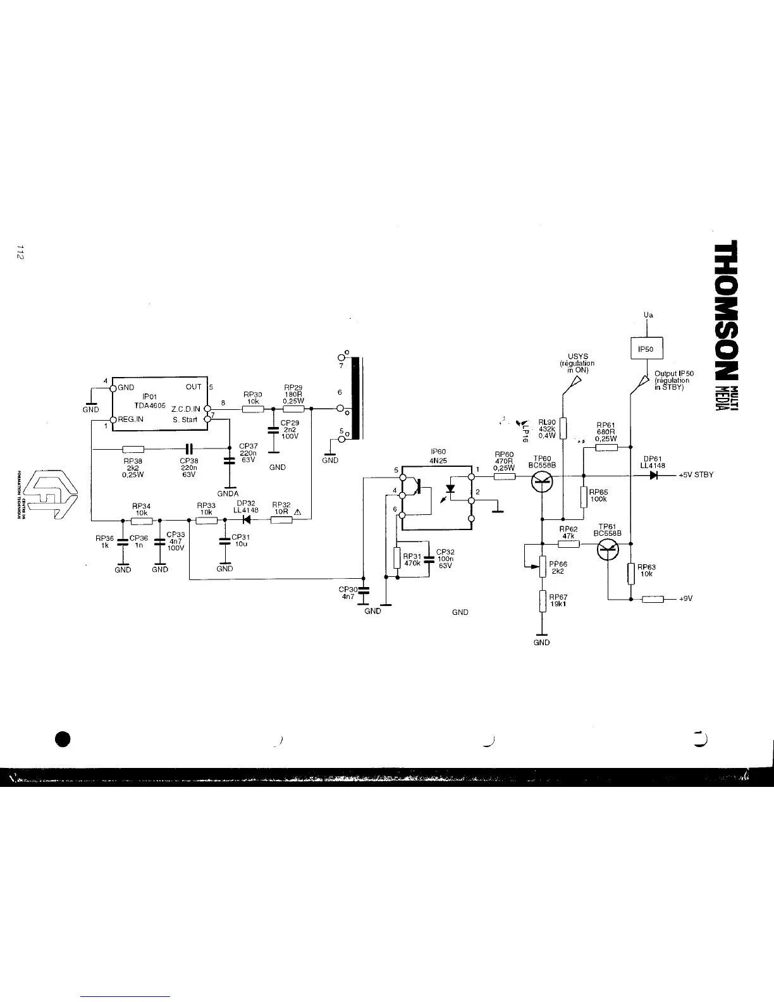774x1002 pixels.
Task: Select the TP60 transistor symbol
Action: (x=542, y=483)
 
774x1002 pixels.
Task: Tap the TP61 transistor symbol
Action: (x=609, y=550)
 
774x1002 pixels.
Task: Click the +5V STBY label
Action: (x=696, y=476)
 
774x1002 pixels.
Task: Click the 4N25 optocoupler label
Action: (x=438, y=461)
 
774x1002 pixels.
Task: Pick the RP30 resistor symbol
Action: (x=253, y=409)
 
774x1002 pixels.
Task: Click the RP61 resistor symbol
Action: (x=606, y=447)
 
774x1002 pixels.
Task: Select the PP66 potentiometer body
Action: (x=542, y=567)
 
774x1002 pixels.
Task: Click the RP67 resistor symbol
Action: (x=542, y=601)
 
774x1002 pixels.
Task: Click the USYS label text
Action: (x=578, y=357)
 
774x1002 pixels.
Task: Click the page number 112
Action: (x=21, y=252)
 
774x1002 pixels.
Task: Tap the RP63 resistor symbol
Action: (x=631, y=573)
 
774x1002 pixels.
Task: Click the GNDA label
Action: (x=228, y=493)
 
